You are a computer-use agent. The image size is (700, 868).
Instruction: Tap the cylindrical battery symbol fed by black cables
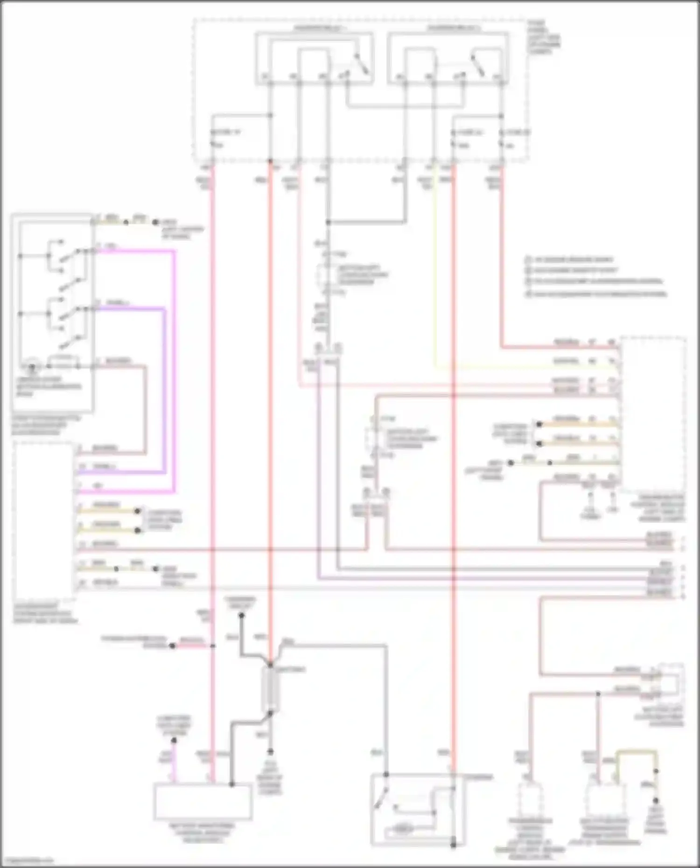[271, 688]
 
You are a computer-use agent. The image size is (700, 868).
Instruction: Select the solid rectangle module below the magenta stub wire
[203, 802]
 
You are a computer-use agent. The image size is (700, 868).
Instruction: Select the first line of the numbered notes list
[569, 259]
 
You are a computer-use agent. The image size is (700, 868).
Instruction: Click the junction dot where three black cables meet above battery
[271, 664]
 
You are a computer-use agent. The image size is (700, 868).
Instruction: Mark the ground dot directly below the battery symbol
[270, 751]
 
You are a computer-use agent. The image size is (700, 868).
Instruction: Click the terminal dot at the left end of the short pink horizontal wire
[172, 646]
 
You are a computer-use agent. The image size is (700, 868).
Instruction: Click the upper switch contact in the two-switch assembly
[70, 254]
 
